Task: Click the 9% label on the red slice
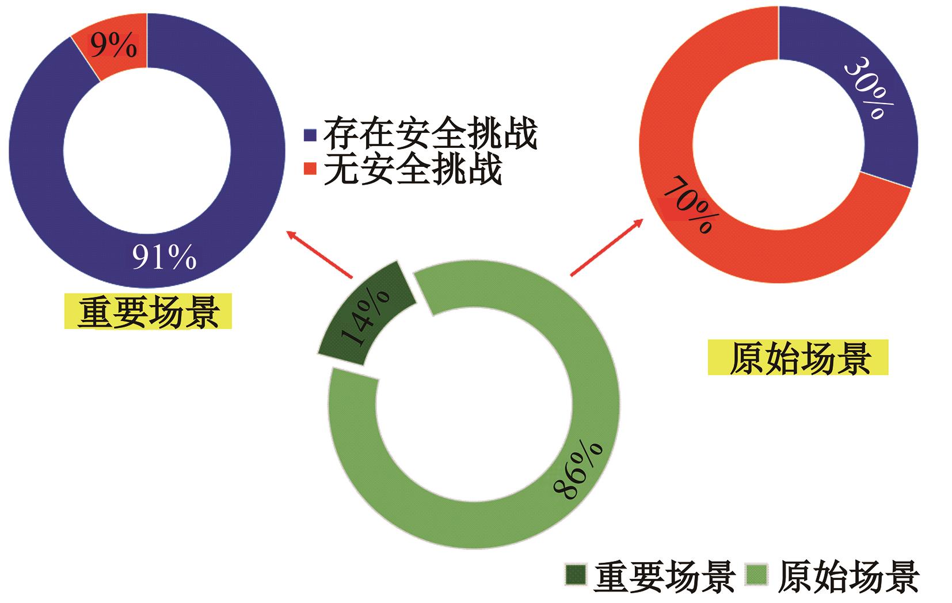(x=113, y=45)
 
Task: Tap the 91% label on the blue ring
(x=165, y=257)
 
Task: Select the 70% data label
(x=691, y=205)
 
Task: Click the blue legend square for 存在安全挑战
(x=310, y=135)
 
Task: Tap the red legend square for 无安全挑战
(x=310, y=168)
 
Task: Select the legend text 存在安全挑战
(x=431, y=132)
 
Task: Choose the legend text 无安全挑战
(x=413, y=168)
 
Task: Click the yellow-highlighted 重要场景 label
(x=148, y=311)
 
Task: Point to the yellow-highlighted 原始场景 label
(x=798, y=357)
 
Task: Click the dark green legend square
(x=576, y=575)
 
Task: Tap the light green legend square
(x=756, y=575)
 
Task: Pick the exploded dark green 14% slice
(x=366, y=313)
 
